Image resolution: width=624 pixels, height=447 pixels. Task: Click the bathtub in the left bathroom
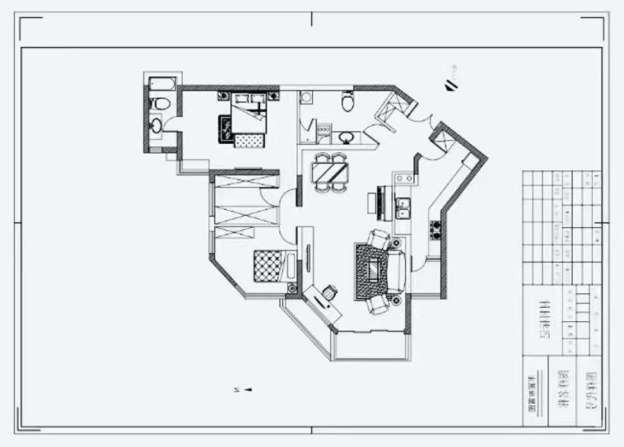click(162, 82)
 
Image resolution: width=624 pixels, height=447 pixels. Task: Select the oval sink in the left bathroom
click(156, 125)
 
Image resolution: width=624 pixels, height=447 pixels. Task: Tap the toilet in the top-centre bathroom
click(348, 101)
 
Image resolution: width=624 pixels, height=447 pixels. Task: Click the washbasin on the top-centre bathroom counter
click(345, 137)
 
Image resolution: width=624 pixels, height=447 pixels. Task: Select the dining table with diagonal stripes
click(328, 172)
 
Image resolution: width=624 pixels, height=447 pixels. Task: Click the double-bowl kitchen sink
click(403, 208)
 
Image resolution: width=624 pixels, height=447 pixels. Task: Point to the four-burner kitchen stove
click(436, 229)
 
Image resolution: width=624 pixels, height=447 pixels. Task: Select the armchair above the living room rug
click(379, 240)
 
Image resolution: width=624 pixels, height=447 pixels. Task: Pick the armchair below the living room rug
click(378, 304)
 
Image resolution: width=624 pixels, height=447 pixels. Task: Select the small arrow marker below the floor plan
click(249, 389)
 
